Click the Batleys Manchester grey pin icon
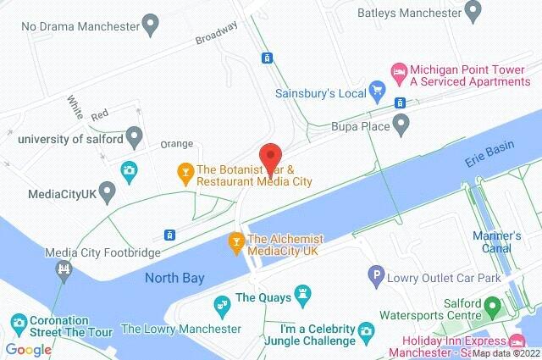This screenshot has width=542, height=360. pos(471,12)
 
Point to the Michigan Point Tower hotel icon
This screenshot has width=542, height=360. pos(397,70)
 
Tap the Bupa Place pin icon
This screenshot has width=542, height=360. pos(402,126)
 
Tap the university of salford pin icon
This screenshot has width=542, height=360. pos(134,136)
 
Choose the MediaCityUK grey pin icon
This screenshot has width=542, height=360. pos(107,193)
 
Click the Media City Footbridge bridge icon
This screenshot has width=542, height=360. pos(62,269)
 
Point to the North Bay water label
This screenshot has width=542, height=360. pos(173,278)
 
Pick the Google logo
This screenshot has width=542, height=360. pos(29,349)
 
